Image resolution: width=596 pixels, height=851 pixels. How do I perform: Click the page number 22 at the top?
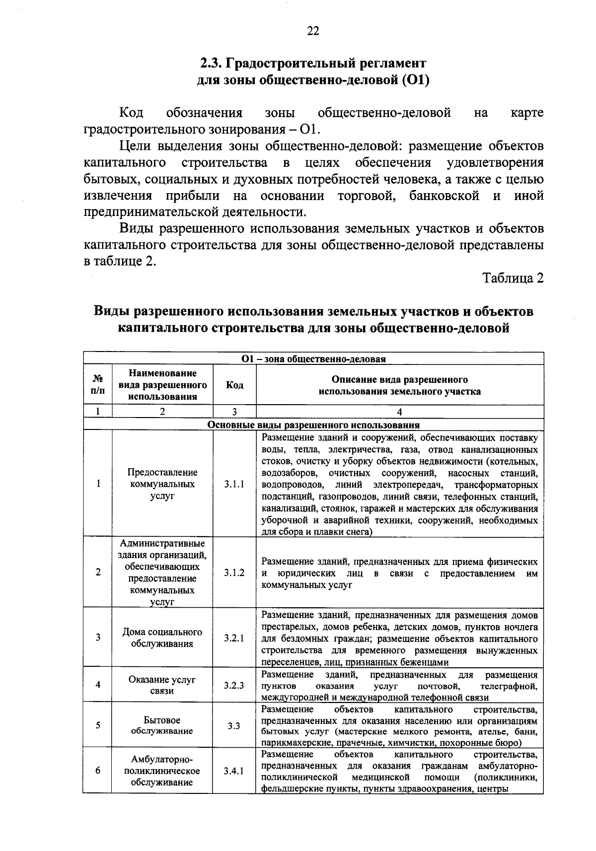[313, 31]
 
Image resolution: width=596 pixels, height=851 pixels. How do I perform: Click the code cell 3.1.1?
[234, 484]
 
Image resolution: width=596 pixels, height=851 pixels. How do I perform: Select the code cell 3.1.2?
[234, 572]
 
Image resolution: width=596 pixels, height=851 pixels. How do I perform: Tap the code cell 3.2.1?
[234, 638]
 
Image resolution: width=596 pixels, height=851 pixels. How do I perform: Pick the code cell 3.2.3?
[234, 686]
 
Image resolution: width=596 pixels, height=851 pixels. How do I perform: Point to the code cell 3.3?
[234, 726]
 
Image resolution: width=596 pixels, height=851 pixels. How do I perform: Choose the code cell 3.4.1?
[234, 771]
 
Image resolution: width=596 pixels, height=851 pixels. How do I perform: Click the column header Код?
[234, 385]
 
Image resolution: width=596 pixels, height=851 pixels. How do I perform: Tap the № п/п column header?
[98, 385]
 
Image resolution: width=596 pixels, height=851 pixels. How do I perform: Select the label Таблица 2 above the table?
[514, 278]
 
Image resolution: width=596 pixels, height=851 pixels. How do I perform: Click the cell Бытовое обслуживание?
[162, 725]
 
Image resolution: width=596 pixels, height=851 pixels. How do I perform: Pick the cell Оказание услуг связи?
[162, 685]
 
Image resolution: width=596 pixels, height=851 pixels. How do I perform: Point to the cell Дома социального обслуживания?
[162, 638]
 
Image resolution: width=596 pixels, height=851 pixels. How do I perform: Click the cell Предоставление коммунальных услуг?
[162, 484]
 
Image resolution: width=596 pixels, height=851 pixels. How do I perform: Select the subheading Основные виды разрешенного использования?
[313, 425]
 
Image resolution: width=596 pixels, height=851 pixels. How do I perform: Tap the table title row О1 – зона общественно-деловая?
[313, 358]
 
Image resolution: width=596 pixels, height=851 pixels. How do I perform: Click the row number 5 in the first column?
[98, 725]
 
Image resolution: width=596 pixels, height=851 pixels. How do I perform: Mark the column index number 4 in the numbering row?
[400, 411]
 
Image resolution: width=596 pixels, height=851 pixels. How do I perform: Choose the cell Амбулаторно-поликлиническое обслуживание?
[162, 771]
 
